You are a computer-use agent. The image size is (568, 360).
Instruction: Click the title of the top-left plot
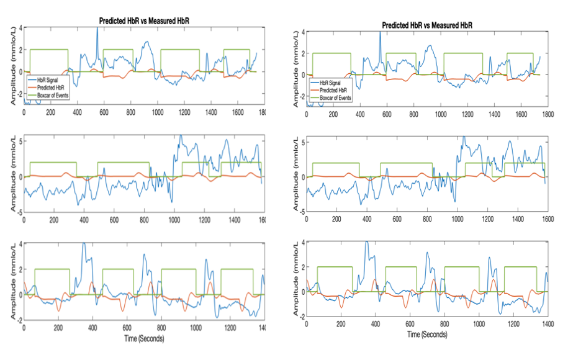point(144,21)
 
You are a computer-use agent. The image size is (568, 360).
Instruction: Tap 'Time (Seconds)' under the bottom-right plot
point(426,334)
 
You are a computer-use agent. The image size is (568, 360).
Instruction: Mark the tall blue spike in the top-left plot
point(97,31)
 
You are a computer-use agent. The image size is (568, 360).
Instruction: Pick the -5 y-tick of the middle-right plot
point(304,212)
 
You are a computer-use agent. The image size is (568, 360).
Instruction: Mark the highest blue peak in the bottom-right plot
point(366,242)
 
